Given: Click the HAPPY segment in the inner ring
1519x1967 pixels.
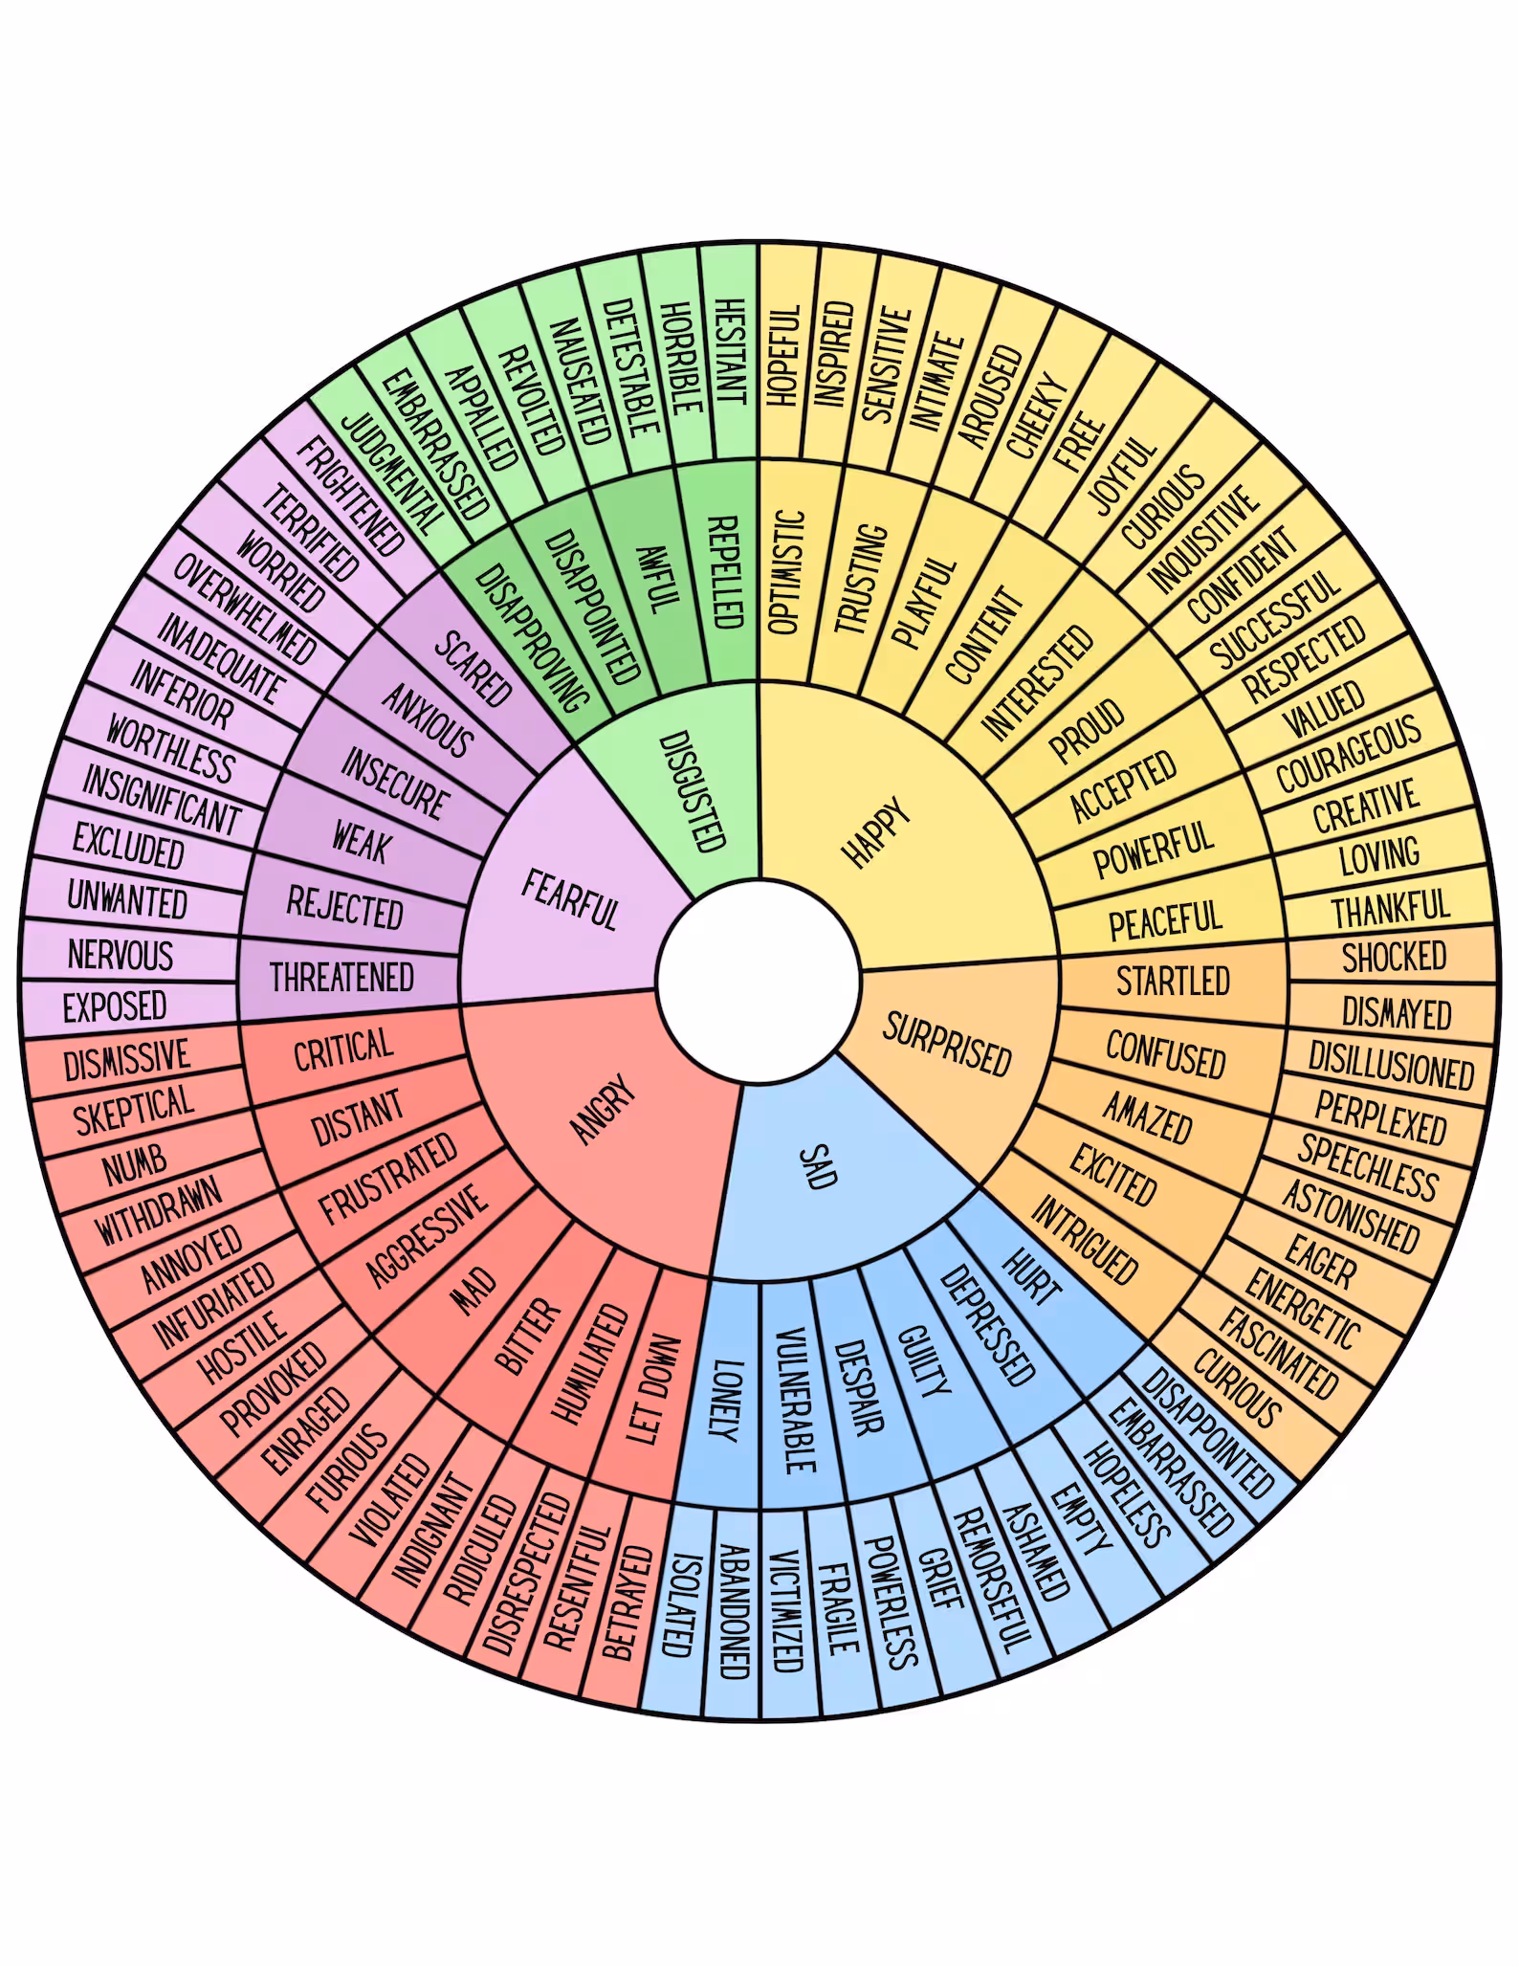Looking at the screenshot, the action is (x=876, y=832).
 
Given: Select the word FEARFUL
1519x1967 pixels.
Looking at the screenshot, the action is (x=570, y=899).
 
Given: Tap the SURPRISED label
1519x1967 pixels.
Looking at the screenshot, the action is (x=947, y=1044).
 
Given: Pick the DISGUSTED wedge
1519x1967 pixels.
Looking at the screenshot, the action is (x=693, y=791).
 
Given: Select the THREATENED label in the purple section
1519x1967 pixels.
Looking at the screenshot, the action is (x=341, y=978).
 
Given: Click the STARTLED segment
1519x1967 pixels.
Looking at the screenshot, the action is (x=1173, y=981).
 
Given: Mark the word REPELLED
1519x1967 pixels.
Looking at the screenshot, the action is (x=724, y=571).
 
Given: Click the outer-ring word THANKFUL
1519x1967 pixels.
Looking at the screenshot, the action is (x=1391, y=907).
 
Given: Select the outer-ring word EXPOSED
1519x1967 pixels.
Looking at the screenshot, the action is (x=115, y=1006).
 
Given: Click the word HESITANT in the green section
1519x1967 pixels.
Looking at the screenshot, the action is (x=729, y=351).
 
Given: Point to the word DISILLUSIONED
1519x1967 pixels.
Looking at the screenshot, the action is (x=1391, y=1065).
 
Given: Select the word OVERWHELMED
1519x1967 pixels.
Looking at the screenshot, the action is (x=244, y=609).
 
